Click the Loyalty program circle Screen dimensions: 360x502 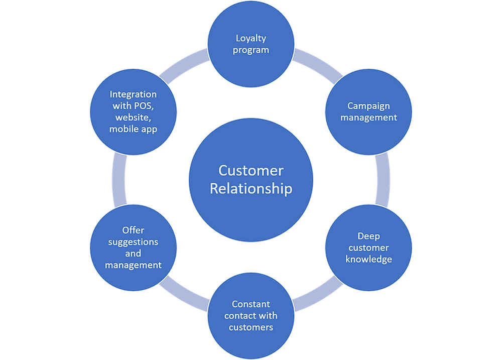pos(251,44)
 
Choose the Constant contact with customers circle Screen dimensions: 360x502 pos(251,315)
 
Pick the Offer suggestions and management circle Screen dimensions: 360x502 pos(133,247)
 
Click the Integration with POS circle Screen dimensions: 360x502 pos(133,111)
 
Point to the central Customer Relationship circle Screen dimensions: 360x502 pos(251,179)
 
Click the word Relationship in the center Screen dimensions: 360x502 pos(251,189)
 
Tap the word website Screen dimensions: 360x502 pos(133,117)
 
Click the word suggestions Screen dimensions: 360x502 pos(133,242)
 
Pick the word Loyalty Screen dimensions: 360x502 pos(251,38)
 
